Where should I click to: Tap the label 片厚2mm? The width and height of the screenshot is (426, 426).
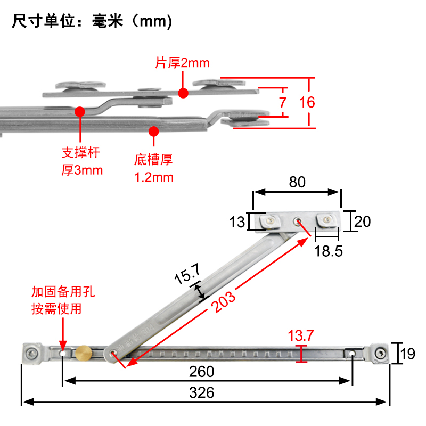click(182, 63)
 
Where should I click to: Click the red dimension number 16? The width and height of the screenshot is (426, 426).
click(307, 102)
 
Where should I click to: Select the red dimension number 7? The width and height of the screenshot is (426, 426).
click(282, 102)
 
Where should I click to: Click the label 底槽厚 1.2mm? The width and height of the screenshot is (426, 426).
click(154, 168)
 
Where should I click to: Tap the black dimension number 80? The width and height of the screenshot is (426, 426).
click(297, 182)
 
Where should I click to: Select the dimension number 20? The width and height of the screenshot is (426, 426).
click(363, 222)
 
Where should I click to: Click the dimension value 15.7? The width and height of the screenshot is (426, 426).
click(187, 276)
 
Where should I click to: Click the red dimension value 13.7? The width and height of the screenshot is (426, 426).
click(301, 335)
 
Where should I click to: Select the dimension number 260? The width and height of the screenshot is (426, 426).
click(201, 371)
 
